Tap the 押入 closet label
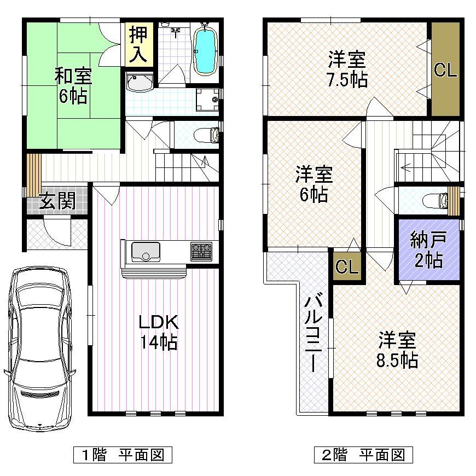pos(138,44)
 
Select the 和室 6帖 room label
pos(73,86)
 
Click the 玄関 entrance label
pos(56,202)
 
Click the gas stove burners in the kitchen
pos(201,252)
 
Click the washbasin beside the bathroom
pos(141,84)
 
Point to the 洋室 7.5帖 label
pos(347,69)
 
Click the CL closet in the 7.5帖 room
pos(445,70)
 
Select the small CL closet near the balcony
pos(347,267)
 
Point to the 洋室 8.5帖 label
pos(398,350)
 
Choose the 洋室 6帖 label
pos(314,184)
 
